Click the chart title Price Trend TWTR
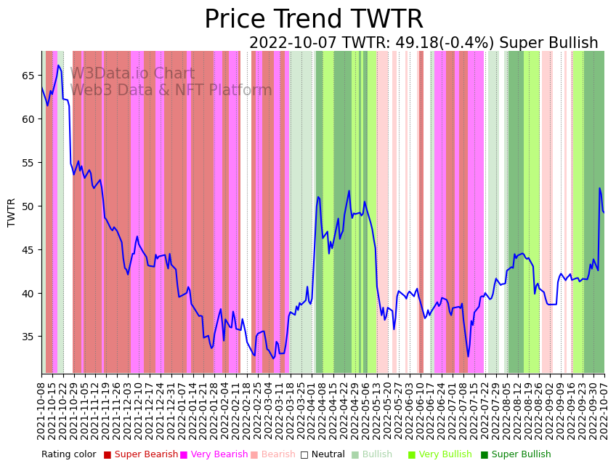313,20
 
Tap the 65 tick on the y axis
28,76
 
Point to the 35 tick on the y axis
28,337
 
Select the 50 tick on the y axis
28,206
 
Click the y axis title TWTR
12,212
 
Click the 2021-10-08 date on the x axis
41,408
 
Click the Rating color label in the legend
68,455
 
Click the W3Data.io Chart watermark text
132,73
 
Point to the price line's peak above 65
58,65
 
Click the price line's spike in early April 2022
318,196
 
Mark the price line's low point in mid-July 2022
468,356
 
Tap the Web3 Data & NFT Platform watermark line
171,90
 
